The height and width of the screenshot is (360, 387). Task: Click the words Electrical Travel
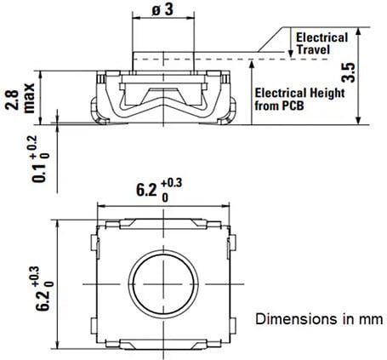320,44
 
